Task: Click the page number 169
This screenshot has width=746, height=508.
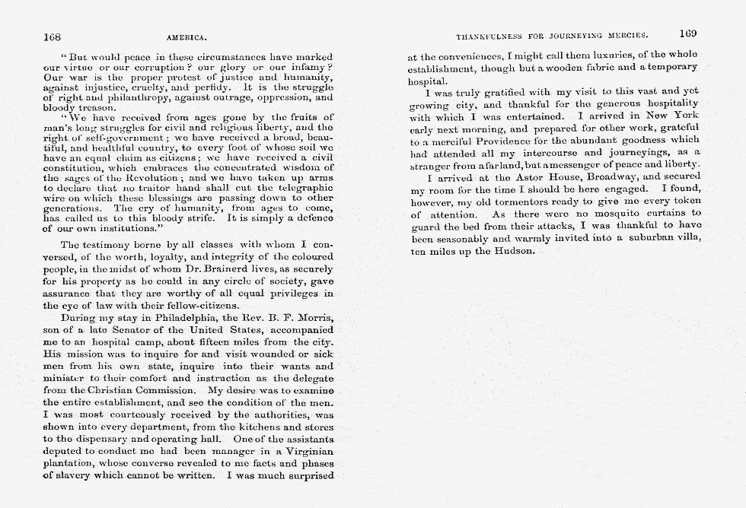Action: (688, 33)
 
